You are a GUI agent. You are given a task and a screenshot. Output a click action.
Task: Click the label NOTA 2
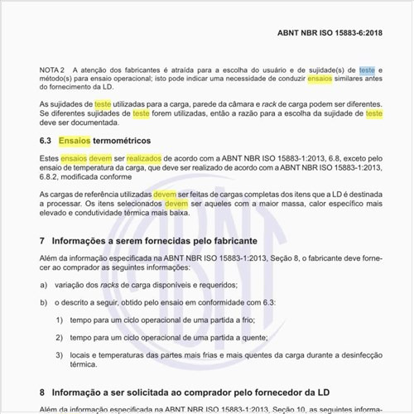point(52,70)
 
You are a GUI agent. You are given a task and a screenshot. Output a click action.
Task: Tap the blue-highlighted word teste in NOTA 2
point(366,70)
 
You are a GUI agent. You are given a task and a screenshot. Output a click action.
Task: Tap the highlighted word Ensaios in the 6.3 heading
point(75,141)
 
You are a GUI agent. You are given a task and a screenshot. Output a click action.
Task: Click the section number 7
point(42,241)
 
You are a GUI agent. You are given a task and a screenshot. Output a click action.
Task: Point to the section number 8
point(42,391)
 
